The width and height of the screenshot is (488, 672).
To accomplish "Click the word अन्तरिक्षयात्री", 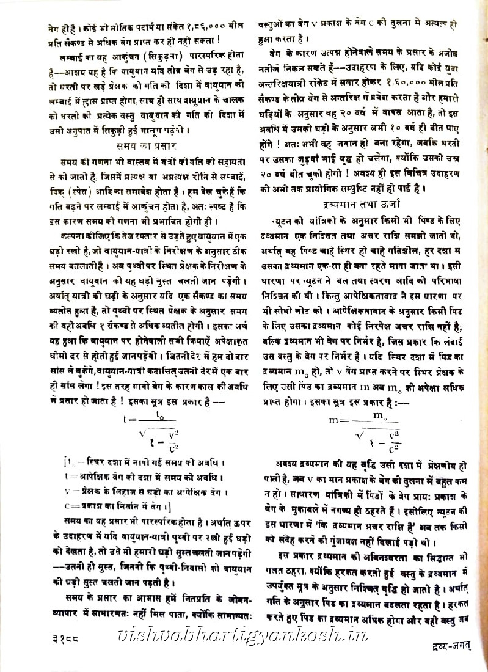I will coord(290,83).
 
